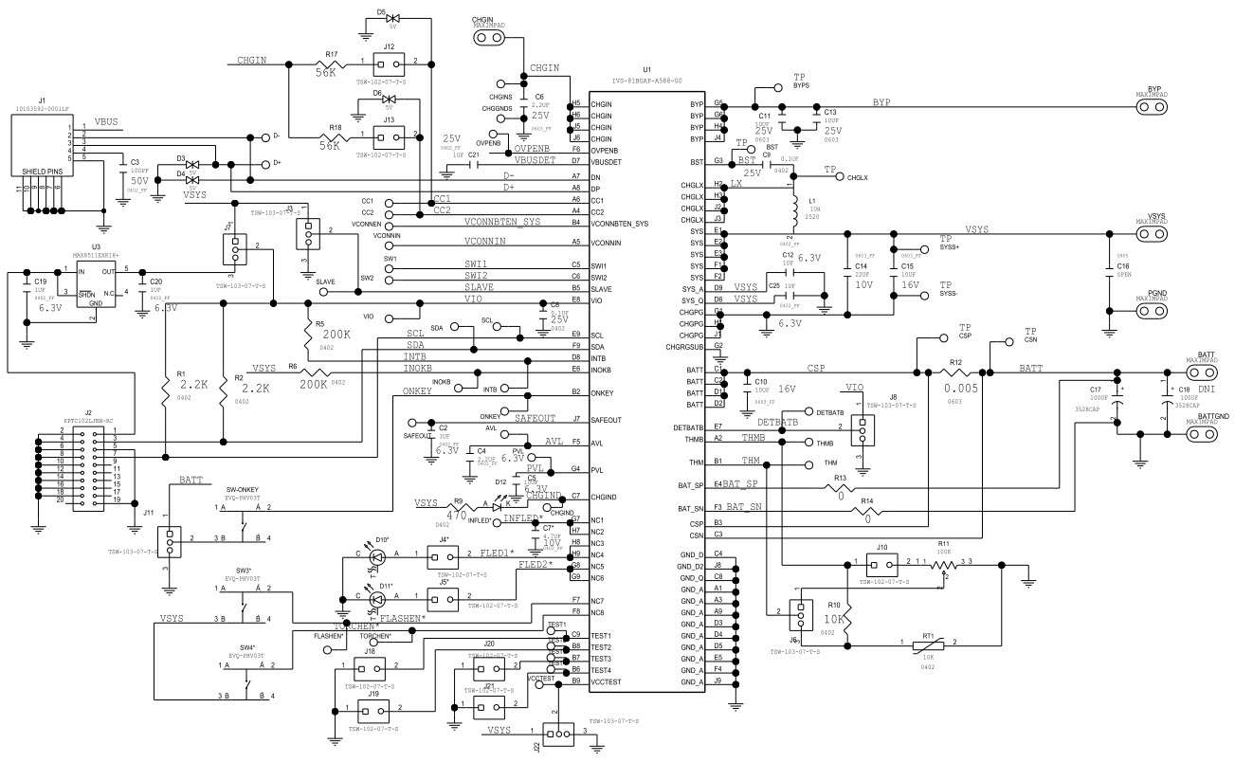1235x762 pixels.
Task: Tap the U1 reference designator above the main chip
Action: click(x=647, y=70)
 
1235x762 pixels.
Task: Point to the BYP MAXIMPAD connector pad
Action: click(x=1153, y=104)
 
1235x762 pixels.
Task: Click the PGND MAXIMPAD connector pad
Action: click(x=1153, y=309)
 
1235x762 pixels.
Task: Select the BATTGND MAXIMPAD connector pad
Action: click(x=1199, y=434)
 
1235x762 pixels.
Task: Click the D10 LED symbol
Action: click(x=374, y=557)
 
